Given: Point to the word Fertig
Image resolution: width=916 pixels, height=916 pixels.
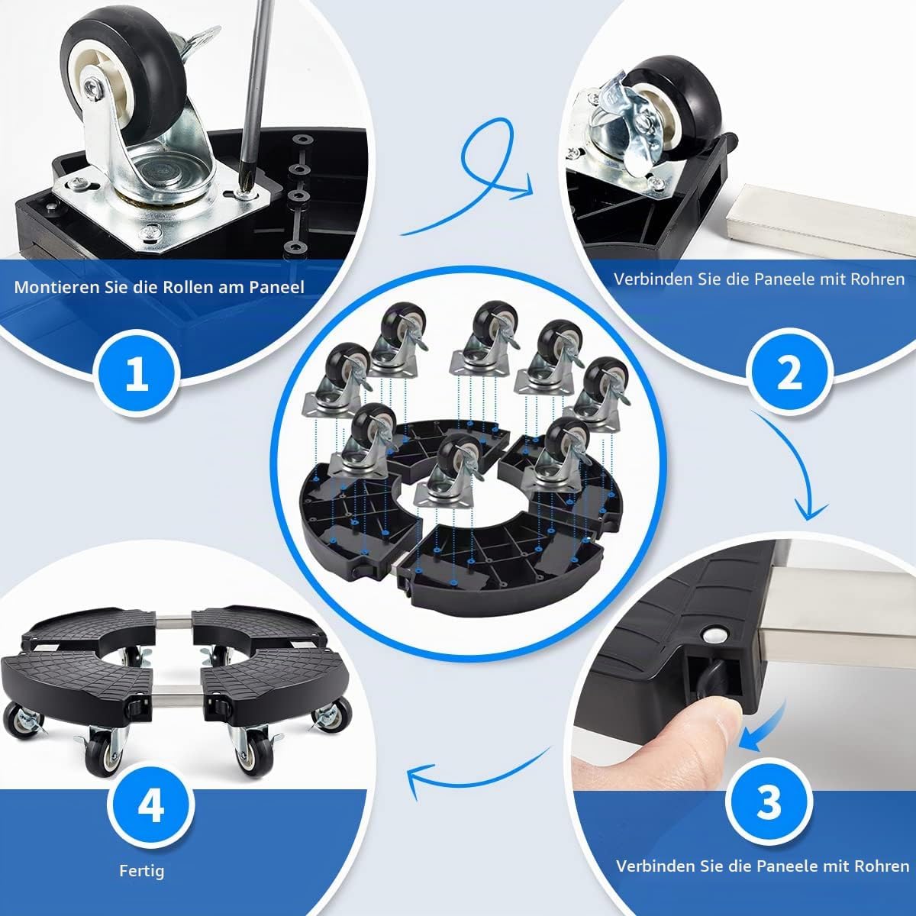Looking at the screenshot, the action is pos(142,871).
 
